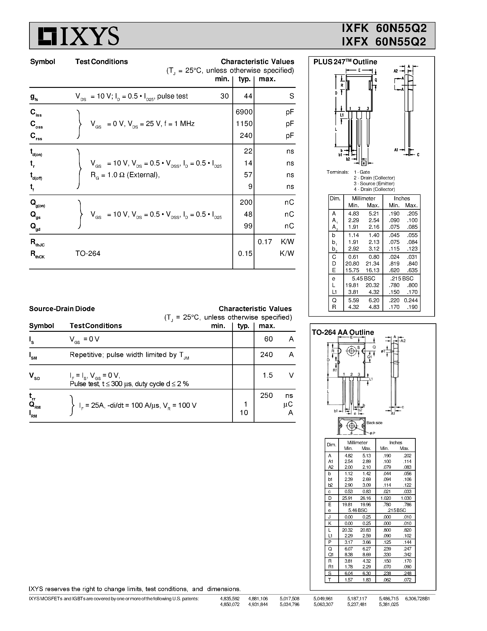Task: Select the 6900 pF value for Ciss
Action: point(244,112)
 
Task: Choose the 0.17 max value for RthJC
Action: point(264,242)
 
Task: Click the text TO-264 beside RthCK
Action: point(88,253)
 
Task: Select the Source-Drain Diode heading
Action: point(62,309)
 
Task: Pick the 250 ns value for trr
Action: point(266,395)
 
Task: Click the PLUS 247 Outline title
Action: point(345,62)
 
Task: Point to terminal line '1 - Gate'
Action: point(362,172)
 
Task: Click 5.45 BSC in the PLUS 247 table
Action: point(363,278)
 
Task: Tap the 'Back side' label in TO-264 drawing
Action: point(374,423)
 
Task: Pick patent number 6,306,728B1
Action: point(417,599)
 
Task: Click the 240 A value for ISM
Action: point(266,355)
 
